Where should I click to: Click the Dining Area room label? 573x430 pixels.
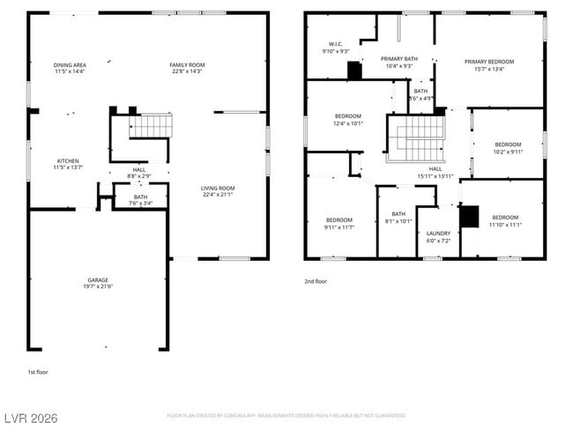[70, 68]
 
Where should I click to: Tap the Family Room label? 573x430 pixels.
[187, 68]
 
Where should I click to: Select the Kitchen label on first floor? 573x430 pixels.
[67, 164]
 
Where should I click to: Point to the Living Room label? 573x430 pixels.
[217, 190]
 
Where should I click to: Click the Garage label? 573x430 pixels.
[98, 283]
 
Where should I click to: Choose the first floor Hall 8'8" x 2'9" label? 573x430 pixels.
[139, 173]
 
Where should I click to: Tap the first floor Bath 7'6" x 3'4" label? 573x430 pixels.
[141, 200]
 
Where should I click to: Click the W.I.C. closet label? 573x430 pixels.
[336, 48]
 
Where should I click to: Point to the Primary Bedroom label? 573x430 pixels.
[489, 64]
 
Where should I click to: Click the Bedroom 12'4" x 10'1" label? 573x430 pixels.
[348, 120]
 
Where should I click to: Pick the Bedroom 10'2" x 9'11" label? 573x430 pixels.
[508, 147]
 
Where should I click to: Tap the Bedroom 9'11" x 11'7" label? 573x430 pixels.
[339, 223]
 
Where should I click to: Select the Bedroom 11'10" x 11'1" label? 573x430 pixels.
[505, 220]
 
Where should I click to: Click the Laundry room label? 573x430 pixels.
[438, 237]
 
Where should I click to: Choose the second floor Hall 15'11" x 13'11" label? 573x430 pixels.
[435, 173]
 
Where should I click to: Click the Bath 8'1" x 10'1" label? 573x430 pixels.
[398, 217]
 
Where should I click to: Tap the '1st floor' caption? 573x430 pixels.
[37, 372]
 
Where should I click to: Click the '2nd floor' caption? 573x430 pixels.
[315, 282]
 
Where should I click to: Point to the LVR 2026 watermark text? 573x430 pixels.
[29, 418]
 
